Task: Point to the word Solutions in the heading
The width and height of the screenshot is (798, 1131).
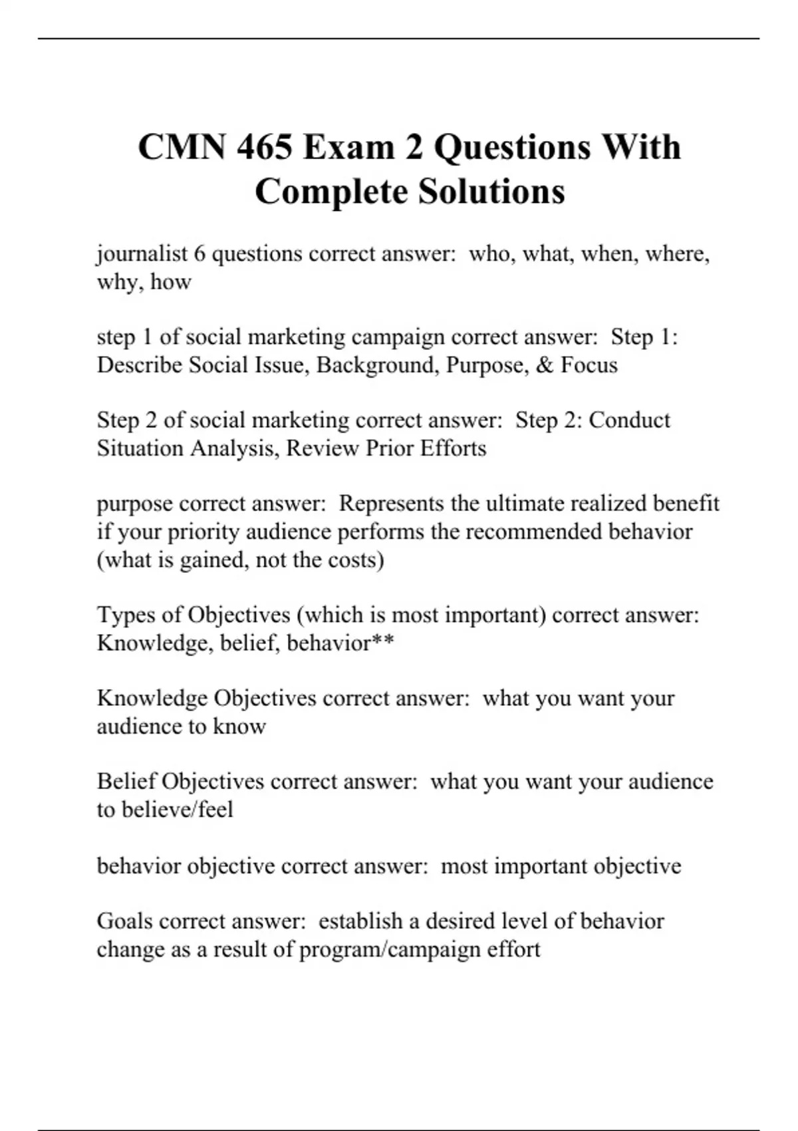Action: [491, 192]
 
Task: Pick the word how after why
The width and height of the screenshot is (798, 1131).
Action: [170, 282]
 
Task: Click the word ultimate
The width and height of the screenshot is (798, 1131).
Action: [523, 504]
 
